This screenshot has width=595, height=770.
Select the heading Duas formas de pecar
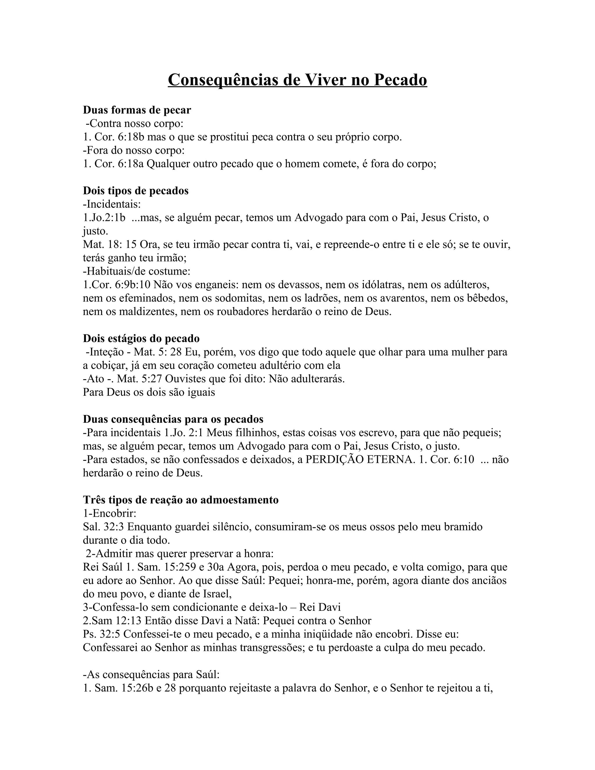tap(137, 110)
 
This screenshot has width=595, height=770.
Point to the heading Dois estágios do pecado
tap(141, 339)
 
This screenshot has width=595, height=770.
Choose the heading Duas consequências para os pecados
tap(173, 419)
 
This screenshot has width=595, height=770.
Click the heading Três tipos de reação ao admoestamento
tap(181, 500)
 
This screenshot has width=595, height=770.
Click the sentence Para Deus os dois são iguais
tap(149, 392)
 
